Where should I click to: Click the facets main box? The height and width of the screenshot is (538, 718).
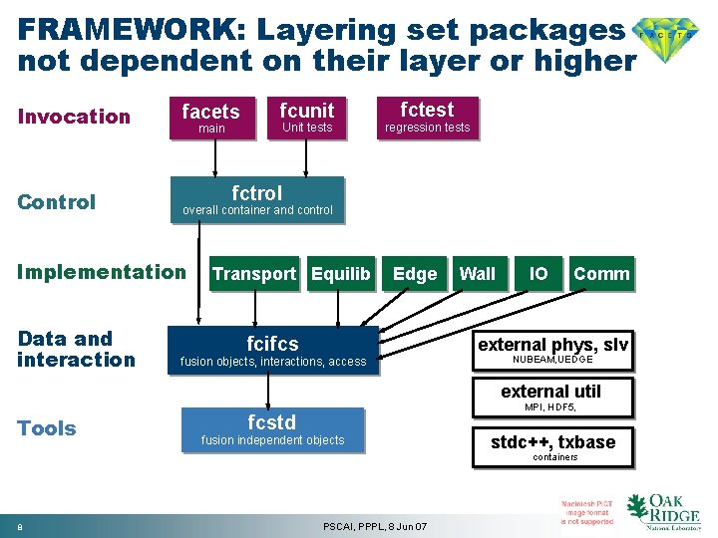(x=211, y=118)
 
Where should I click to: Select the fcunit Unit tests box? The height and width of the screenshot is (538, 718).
(x=306, y=117)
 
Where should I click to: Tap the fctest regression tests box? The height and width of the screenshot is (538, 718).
(x=427, y=117)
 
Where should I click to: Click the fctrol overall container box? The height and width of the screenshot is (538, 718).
(x=257, y=200)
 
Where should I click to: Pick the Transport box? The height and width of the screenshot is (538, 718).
(x=253, y=274)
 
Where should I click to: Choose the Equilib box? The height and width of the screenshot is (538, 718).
(x=340, y=274)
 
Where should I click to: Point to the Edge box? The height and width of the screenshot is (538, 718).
(x=415, y=274)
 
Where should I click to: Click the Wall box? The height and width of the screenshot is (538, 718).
(x=477, y=274)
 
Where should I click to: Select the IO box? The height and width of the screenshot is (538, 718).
(x=538, y=274)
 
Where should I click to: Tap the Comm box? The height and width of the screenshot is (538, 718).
(x=601, y=274)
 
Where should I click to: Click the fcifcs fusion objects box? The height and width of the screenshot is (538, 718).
(x=272, y=351)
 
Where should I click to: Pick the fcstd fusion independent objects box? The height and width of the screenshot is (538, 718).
(x=272, y=429)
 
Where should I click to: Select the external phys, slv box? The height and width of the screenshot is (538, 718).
(x=552, y=350)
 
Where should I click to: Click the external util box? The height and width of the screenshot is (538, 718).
(x=550, y=396)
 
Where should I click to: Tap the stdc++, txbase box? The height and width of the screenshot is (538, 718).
(x=553, y=447)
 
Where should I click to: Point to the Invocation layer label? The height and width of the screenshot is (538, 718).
(x=74, y=117)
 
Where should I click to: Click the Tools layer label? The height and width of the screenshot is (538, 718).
(x=46, y=428)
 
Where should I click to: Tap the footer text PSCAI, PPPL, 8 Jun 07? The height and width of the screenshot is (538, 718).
(x=376, y=526)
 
